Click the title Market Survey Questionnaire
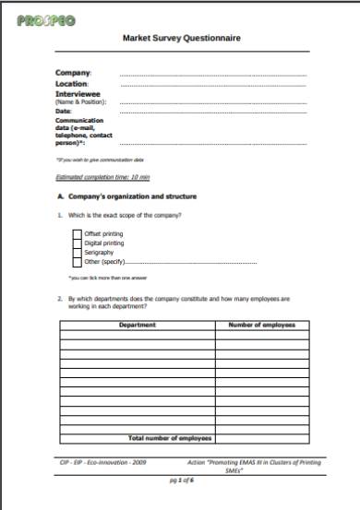click(x=181, y=39)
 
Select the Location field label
click(x=74, y=84)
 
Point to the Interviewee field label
click(x=79, y=93)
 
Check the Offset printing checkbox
click(x=77, y=234)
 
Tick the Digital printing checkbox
click(x=77, y=243)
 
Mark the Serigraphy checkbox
click(x=77, y=253)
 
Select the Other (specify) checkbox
click(x=77, y=262)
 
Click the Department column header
click(x=138, y=325)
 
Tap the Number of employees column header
click(x=261, y=325)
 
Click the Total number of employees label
click(x=171, y=437)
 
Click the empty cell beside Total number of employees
click(x=261, y=437)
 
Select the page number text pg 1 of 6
click(x=180, y=480)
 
